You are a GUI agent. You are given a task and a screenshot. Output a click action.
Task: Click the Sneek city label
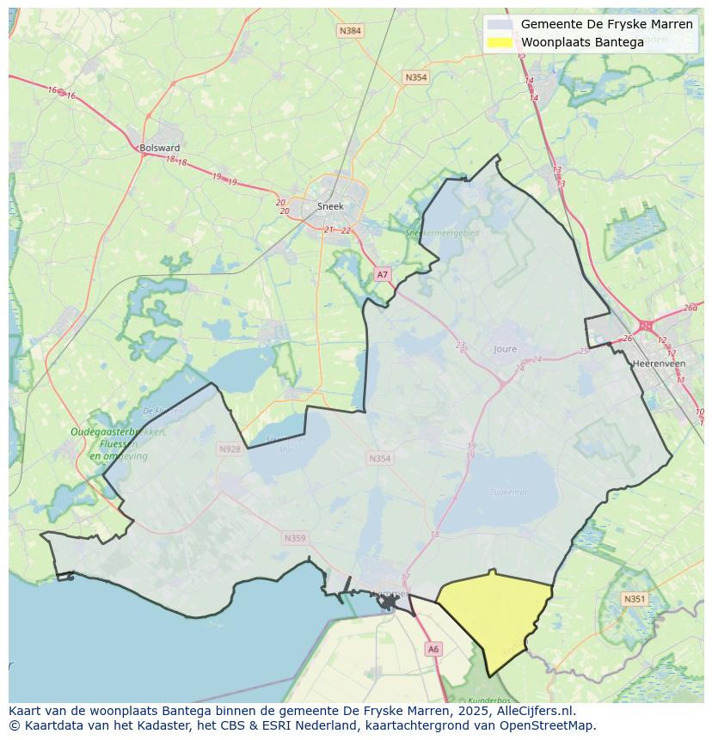click(x=330, y=206)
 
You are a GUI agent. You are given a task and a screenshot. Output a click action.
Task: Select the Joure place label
click(x=506, y=350)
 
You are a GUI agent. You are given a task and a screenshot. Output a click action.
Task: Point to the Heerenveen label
click(x=658, y=364)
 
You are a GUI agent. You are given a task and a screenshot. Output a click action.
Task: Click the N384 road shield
click(x=350, y=31)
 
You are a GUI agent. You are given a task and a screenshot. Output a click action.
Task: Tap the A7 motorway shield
click(x=383, y=274)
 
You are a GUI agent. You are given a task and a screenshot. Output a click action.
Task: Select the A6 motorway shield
click(x=433, y=650)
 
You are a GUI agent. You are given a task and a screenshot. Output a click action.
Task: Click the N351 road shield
click(x=634, y=599)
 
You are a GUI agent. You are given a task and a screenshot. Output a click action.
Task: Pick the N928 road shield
click(x=230, y=450)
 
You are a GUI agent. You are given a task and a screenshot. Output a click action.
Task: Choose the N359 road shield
click(x=294, y=539)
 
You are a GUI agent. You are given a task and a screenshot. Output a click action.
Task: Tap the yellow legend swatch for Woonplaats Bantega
click(x=500, y=42)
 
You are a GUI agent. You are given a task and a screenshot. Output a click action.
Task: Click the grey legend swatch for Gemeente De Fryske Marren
click(x=500, y=24)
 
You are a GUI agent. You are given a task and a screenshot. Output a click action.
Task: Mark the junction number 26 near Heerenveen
click(x=627, y=338)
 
